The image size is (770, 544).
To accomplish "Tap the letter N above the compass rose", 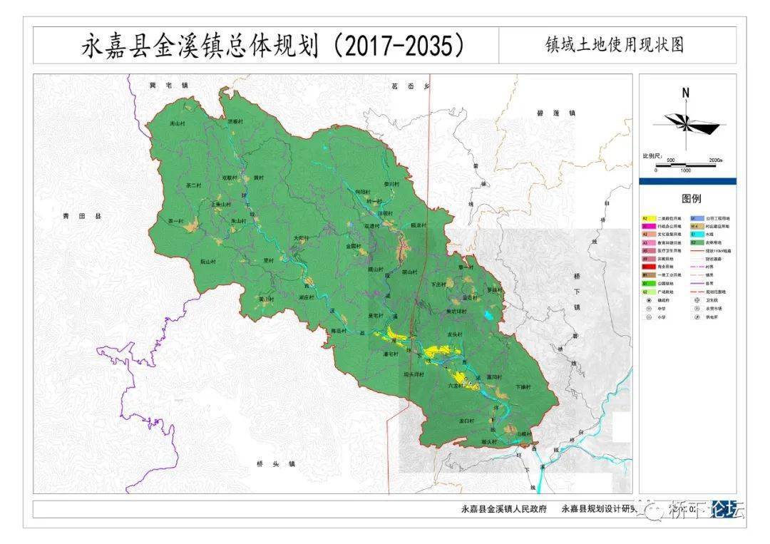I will click(x=685, y=93).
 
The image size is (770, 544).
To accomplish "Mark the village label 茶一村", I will click(x=175, y=221).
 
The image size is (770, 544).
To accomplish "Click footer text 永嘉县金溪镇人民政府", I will click(x=504, y=509).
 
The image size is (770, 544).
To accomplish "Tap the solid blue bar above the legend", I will click(x=687, y=181).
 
